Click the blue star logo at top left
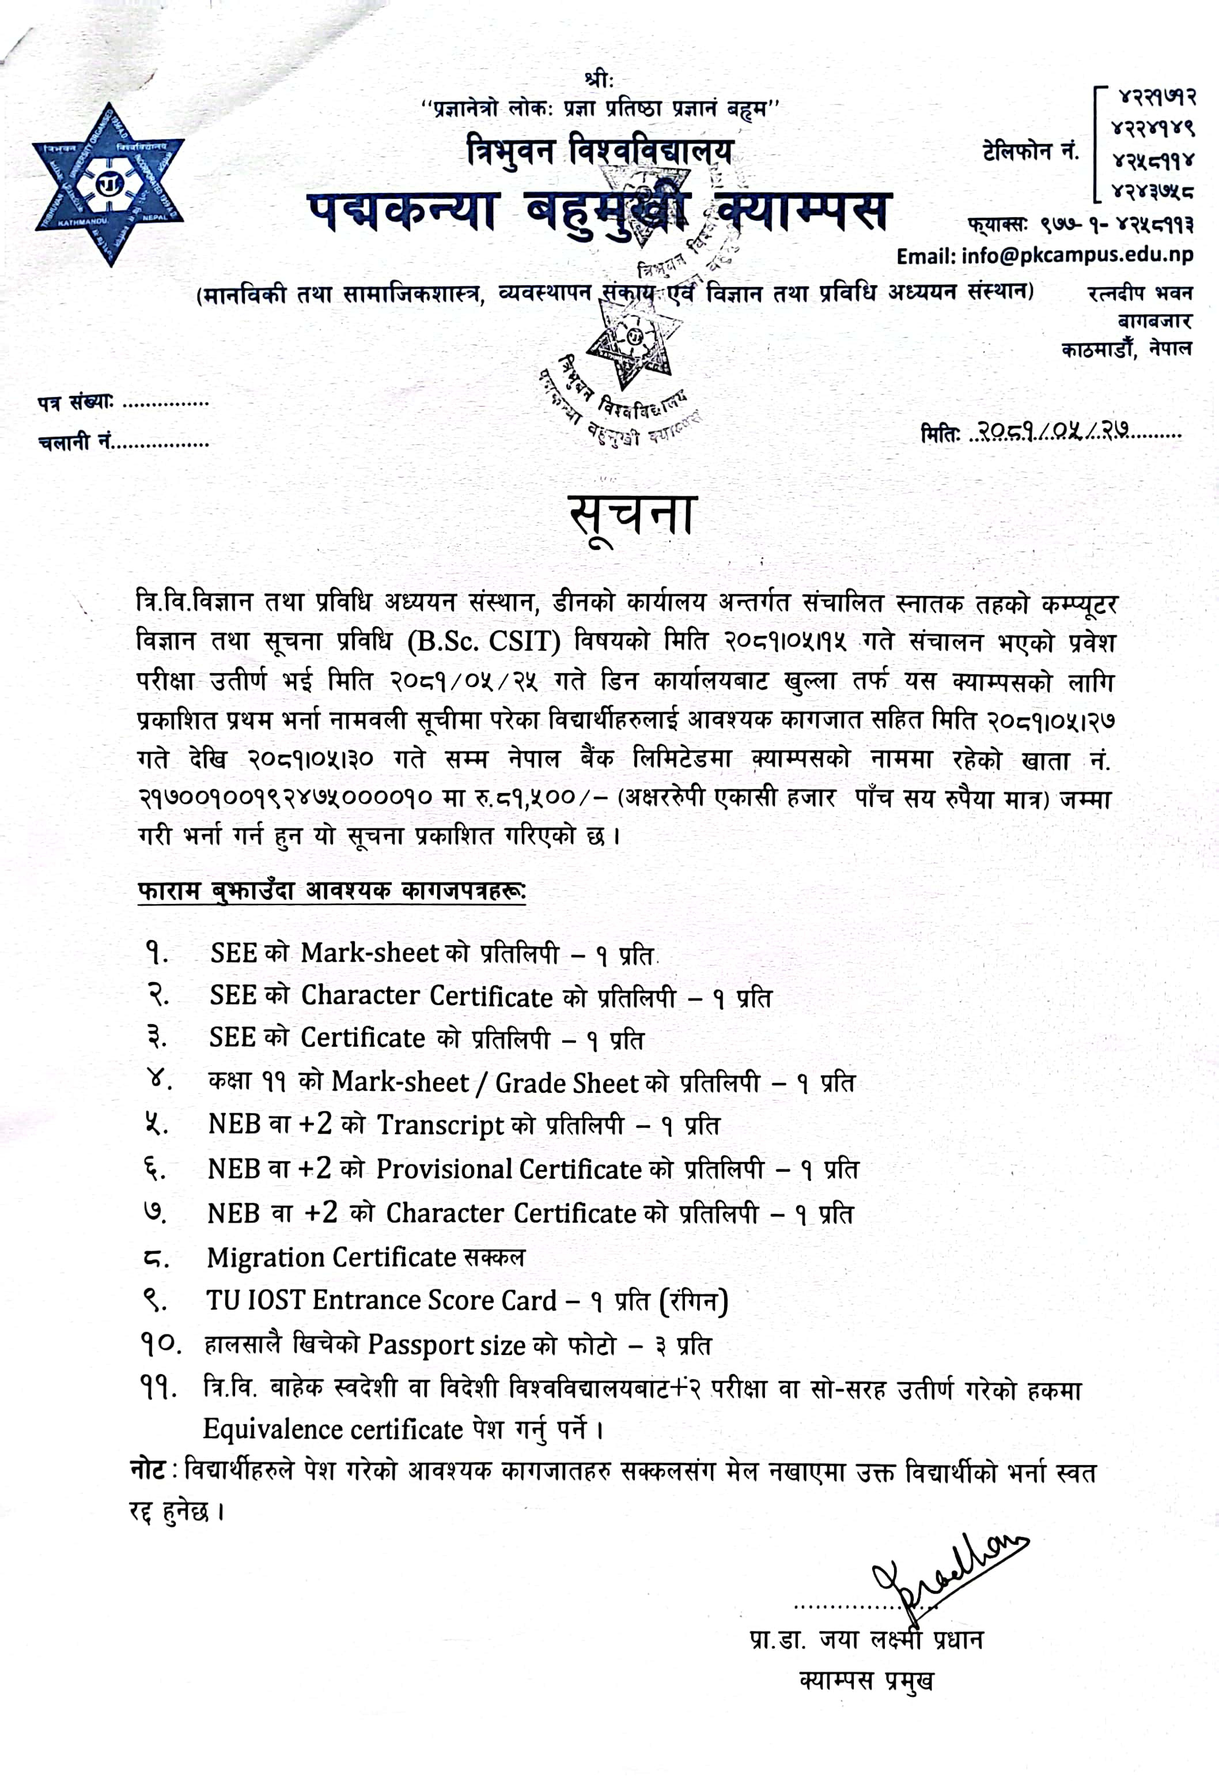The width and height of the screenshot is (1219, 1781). (x=108, y=184)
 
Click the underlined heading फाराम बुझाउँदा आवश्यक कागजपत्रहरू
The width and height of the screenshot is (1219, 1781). (x=331, y=890)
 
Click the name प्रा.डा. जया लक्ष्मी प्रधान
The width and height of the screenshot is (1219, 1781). (x=866, y=1639)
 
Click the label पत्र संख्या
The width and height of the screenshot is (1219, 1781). (x=75, y=402)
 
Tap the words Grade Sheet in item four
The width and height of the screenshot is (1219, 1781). (x=567, y=1083)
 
